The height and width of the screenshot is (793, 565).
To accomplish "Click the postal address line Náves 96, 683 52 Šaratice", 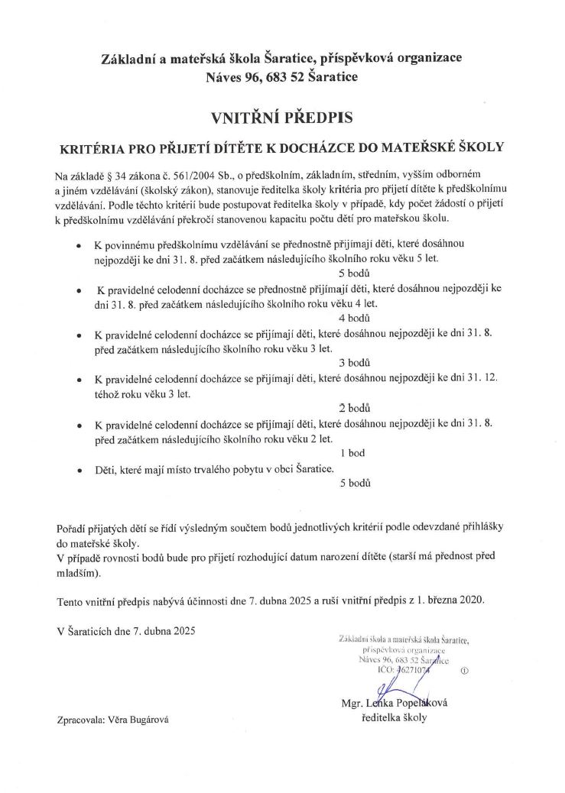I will pyautogui.click(x=281, y=76).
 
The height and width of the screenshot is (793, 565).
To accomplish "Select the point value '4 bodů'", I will pyautogui.click(x=354, y=317).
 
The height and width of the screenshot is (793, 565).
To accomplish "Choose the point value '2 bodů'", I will pyautogui.click(x=354, y=408).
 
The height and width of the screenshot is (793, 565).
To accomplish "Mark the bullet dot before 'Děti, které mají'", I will pyautogui.click(x=80, y=468).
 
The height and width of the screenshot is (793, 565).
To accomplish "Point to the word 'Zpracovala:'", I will pyautogui.click(x=82, y=719).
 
